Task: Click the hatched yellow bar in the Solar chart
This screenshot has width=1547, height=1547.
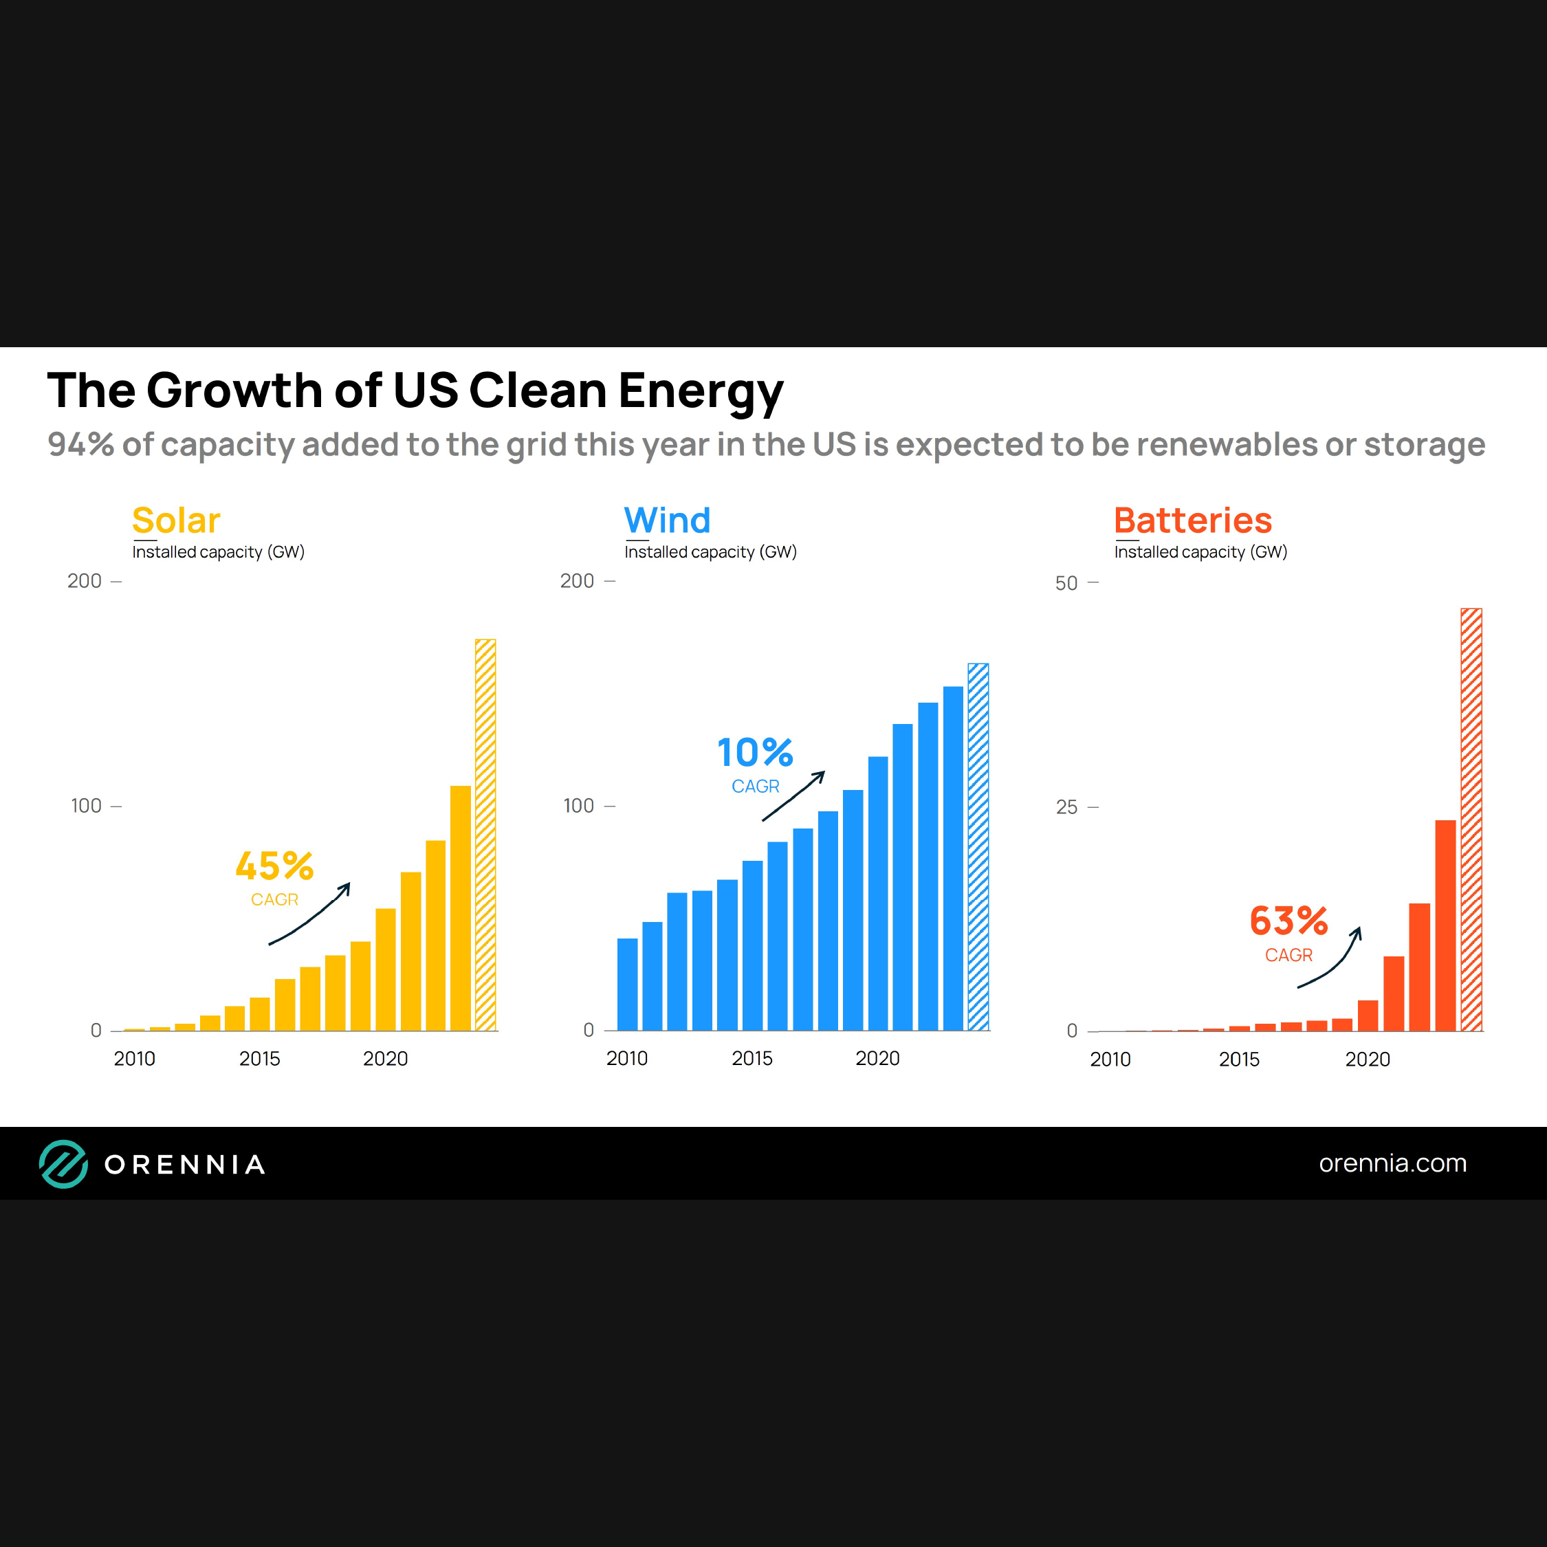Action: [485, 835]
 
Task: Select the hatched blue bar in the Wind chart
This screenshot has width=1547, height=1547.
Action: [978, 846]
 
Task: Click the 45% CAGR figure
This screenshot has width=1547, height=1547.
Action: [274, 866]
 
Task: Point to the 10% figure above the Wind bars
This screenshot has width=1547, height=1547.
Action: [755, 753]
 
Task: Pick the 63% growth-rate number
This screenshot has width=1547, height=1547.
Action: [1288, 921]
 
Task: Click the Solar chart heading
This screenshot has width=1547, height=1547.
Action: [176, 520]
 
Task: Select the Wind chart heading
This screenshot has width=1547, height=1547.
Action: [667, 520]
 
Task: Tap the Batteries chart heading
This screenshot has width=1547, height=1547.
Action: [1192, 520]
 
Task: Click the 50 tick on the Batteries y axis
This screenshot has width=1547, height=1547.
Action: [1066, 583]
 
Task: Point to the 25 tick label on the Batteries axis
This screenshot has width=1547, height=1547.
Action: [1066, 807]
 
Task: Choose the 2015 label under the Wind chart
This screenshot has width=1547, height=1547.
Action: [752, 1059]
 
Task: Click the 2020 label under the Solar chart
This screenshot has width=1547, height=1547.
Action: [385, 1059]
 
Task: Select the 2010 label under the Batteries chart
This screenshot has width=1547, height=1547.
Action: [1110, 1060]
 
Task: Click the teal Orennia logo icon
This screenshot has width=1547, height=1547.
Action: [63, 1163]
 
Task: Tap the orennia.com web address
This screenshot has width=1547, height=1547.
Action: [1392, 1163]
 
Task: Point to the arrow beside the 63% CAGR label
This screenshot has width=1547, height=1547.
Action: [1332, 958]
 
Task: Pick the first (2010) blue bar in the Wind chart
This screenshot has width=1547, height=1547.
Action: [627, 984]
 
